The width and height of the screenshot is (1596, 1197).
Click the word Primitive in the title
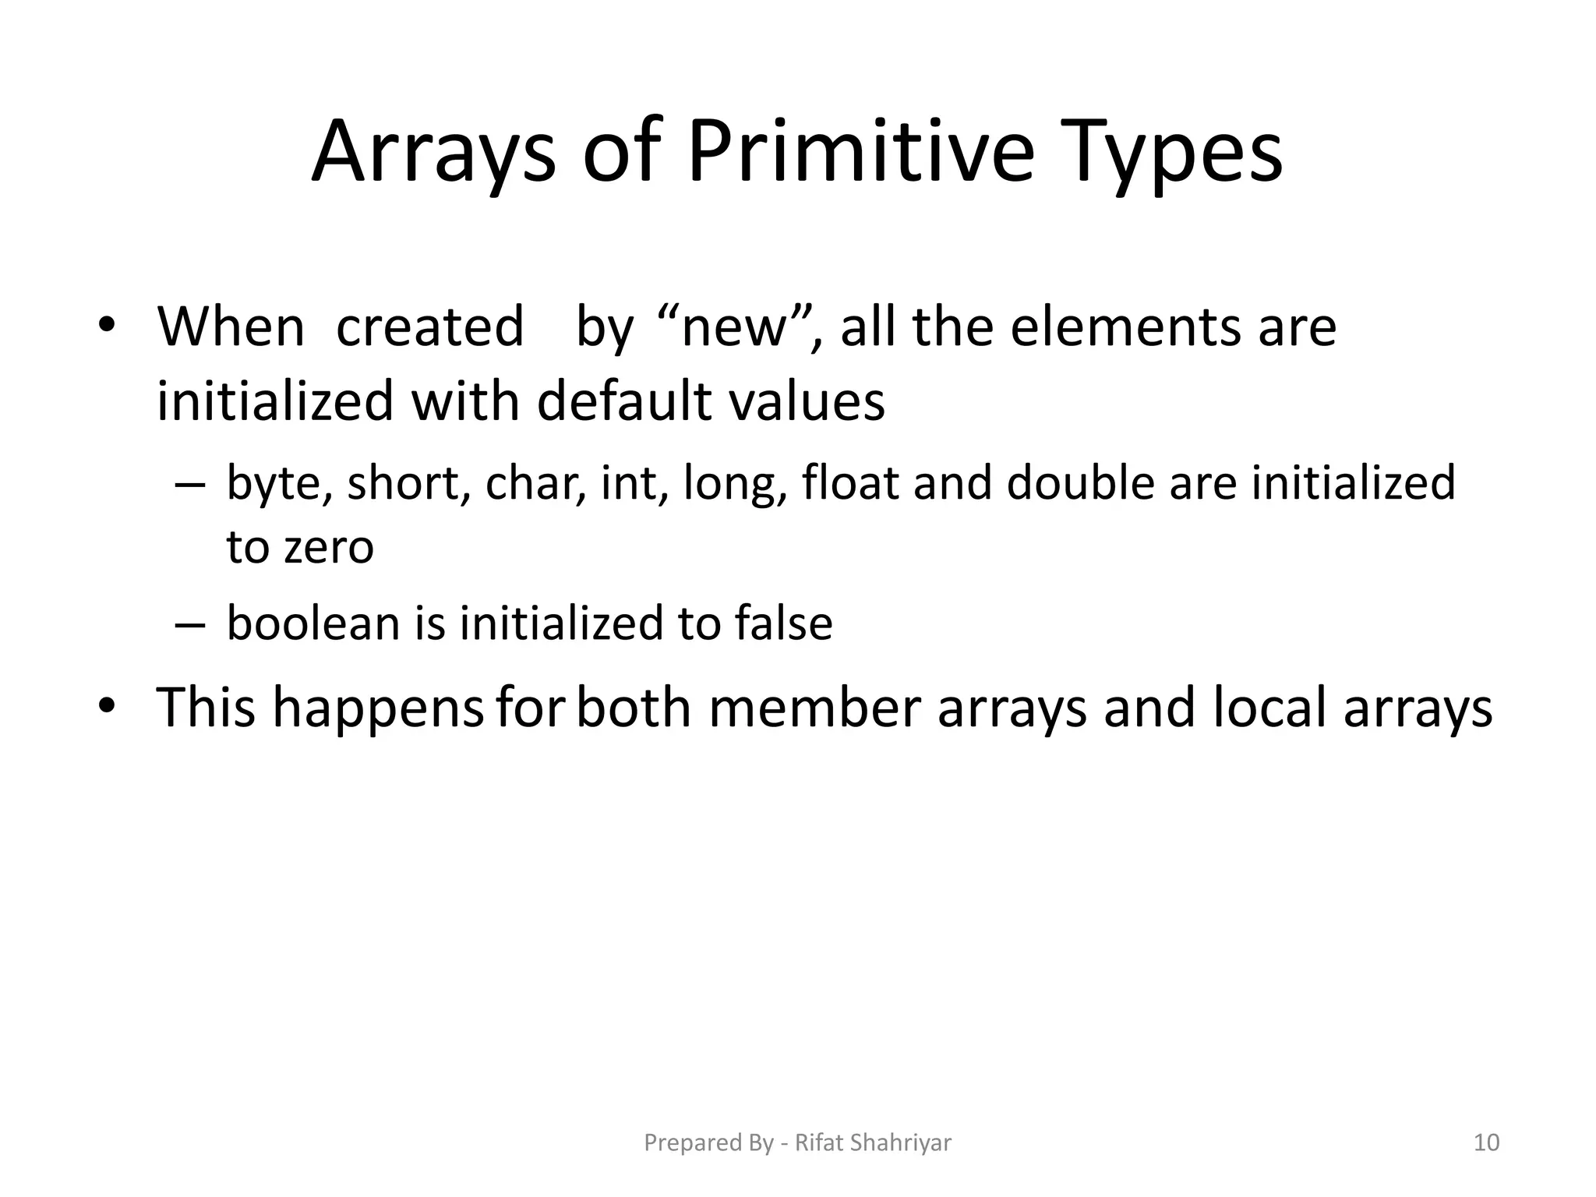point(860,152)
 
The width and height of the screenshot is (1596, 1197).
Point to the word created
point(429,327)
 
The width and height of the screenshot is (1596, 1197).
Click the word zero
point(329,547)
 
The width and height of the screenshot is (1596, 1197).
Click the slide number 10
point(1487,1142)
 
